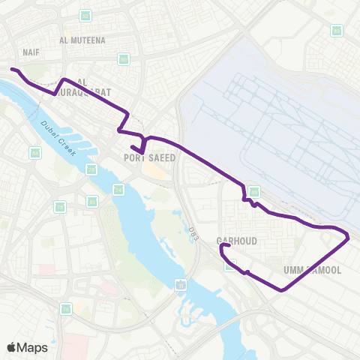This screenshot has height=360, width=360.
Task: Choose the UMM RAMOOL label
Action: point(313,269)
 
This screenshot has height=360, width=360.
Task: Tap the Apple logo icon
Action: point(13,347)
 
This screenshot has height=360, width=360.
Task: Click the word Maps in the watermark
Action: point(33,347)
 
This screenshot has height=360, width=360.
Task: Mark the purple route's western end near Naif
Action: point(10,69)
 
